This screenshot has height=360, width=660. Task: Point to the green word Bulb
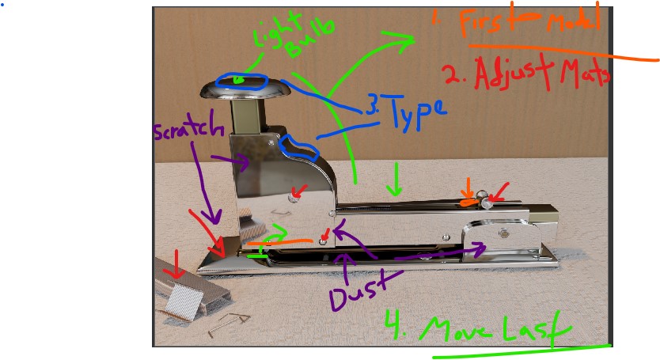point(309,40)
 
